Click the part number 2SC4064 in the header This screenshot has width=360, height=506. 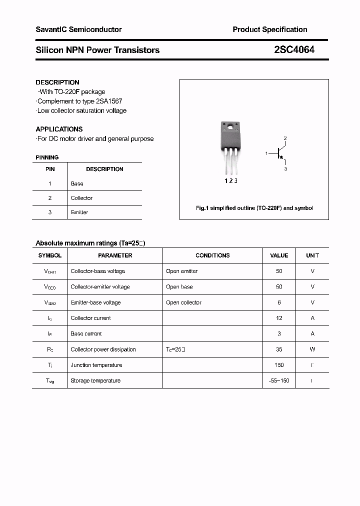click(x=294, y=49)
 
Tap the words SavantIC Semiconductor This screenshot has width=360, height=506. click(x=78, y=29)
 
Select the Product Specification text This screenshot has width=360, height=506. click(x=269, y=29)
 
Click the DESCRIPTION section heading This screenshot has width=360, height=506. click(x=57, y=82)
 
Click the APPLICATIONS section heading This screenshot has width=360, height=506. click(x=59, y=129)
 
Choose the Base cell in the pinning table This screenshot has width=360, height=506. click(x=77, y=183)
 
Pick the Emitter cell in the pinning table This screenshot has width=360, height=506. click(x=79, y=212)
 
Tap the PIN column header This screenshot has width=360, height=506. click(x=50, y=169)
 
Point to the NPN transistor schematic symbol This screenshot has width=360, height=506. click(x=279, y=153)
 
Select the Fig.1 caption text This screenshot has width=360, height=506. click(x=254, y=208)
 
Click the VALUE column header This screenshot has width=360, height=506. click(x=279, y=255)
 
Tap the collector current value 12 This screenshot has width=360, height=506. click(x=279, y=318)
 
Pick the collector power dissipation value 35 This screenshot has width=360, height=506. click(x=279, y=349)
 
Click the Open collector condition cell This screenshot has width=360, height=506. click(x=183, y=302)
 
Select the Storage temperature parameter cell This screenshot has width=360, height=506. click(x=95, y=380)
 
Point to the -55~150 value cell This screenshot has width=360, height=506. click(x=279, y=380)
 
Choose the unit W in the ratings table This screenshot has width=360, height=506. click(x=312, y=349)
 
